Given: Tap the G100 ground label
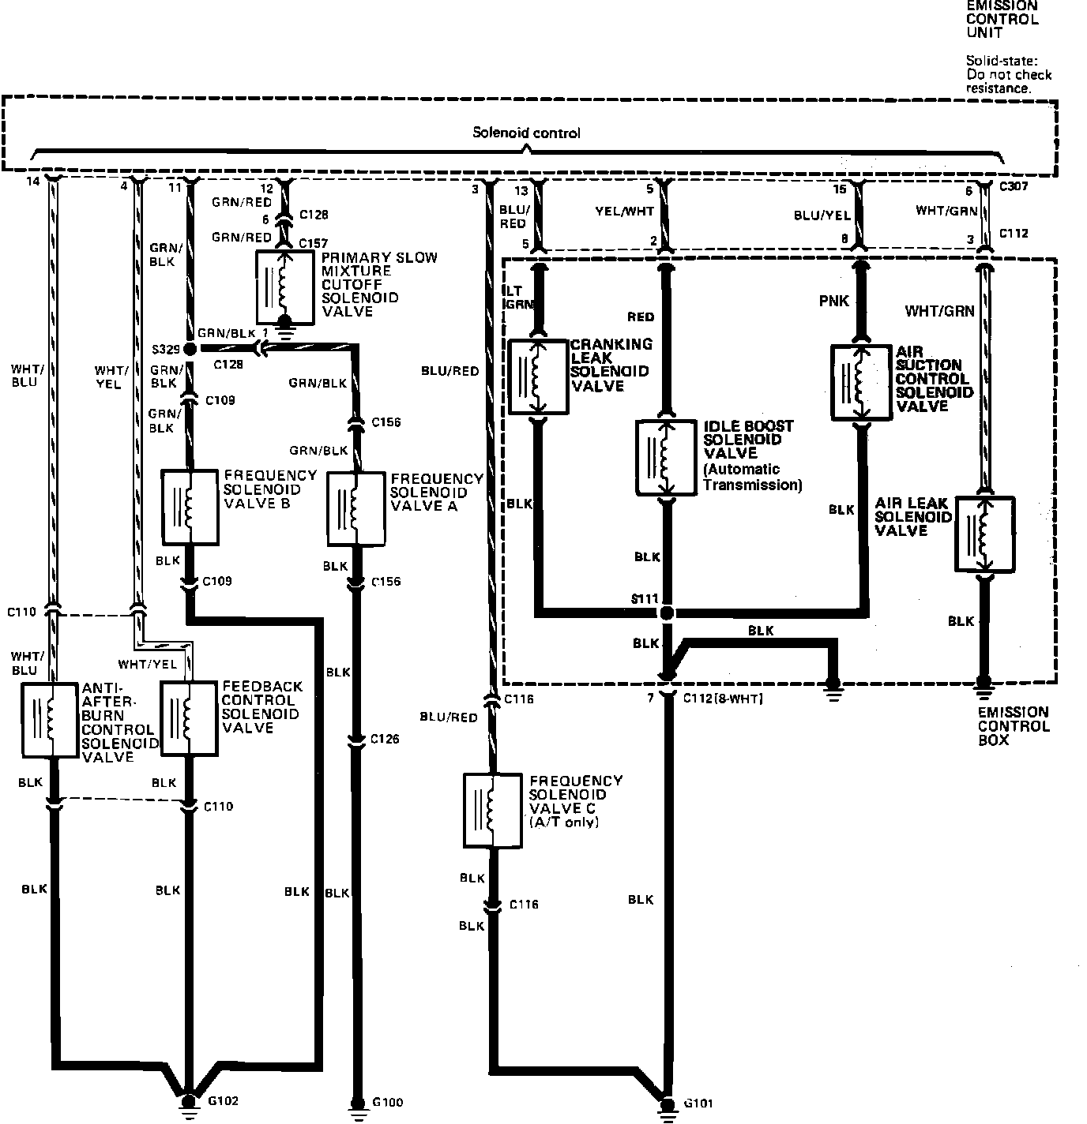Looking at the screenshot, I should tap(387, 1102).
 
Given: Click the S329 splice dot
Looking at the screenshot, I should tap(190, 348).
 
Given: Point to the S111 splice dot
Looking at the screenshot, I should tap(668, 612).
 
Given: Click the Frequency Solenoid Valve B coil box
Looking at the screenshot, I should tap(190, 507).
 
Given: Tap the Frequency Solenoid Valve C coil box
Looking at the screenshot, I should tap(492, 810).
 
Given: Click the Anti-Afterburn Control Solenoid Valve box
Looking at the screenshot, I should tap(51, 718).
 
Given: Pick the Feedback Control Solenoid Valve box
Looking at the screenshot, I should tap(190, 717).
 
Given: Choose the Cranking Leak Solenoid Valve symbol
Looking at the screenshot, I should tap(538, 376).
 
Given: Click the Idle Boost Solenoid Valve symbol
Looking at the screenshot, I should tap(667, 458).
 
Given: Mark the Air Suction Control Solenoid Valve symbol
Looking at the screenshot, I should tap(861, 381).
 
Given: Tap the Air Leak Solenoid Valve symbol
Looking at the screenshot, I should tap(984, 534).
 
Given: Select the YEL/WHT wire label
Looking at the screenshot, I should tap(624, 211).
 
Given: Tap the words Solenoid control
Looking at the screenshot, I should tap(526, 133).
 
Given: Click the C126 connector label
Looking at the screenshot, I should tap(385, 740).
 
